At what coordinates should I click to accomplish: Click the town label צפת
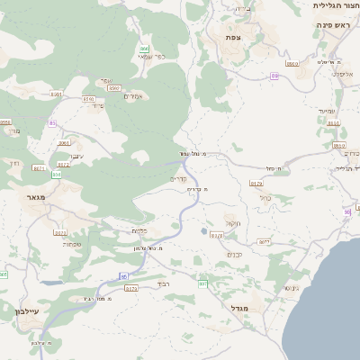coord(233,37)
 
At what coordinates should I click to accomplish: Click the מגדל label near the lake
coord(240,309)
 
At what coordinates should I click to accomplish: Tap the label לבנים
coord(233,255)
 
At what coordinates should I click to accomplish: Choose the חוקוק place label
coord(233,223)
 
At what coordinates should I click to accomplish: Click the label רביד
coord(163,283)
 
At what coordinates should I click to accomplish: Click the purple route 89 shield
coord(274,76)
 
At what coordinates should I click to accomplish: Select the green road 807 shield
coord(202,284)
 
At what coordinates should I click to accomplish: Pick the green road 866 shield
coord(144,49)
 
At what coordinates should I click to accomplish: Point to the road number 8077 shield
coord(264,242)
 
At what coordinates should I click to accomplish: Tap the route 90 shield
coord(346,211)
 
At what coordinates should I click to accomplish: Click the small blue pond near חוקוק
coord(203,231)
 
